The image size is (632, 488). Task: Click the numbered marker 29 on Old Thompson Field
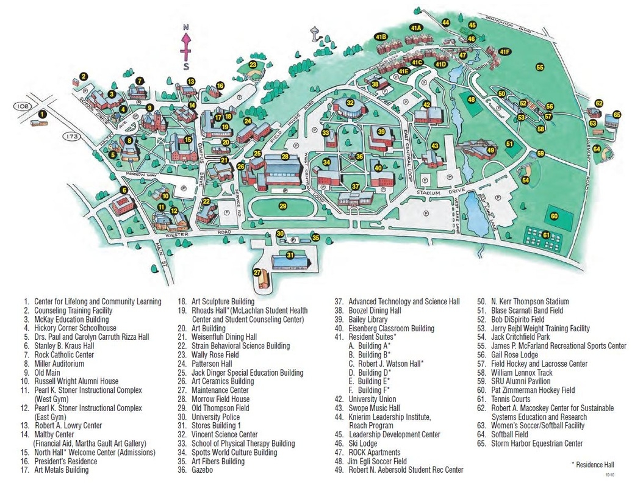282,206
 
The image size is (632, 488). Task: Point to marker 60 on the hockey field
554,216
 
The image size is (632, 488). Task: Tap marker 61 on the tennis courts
546,235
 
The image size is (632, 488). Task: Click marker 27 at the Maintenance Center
257,273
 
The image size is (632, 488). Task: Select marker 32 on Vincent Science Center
350,103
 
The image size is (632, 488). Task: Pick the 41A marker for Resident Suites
417,27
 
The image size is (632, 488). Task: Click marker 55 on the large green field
539,66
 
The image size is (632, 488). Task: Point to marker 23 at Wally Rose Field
252,65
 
